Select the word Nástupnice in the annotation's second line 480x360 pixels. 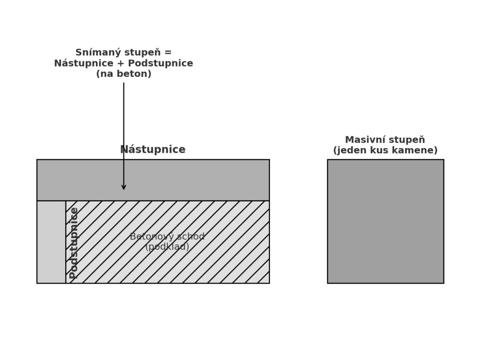(83, 63)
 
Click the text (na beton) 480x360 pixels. (124, 74)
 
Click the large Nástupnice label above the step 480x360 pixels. (153, 150)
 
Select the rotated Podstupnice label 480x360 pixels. (74, 243)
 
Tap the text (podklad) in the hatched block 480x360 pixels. (167, 247)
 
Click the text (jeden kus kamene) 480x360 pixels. (385, 150)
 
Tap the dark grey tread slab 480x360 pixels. (197, 180)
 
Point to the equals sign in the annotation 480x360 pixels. (168, 52)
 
